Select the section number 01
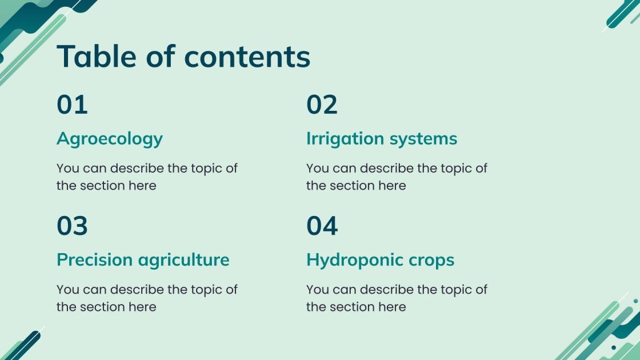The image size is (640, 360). (x=72, y=105)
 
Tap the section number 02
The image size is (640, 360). (x=322, y=105)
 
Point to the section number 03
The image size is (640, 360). (x=72, y=226)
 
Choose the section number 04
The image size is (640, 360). (x=322, y=226)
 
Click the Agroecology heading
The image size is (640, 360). (x=109, y=139)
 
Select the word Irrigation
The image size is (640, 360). (x=345, y=139)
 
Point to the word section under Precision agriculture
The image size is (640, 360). (x=101, y=307)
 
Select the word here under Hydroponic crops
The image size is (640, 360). (x=391, y=307)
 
